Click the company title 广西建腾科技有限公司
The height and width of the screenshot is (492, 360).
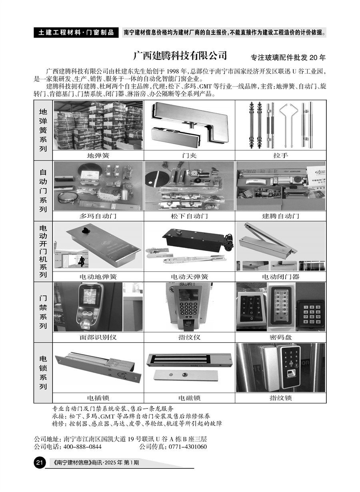[x=180, y=55]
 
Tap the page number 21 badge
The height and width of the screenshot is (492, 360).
[x=39, y=464]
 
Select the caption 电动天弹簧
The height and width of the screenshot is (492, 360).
[x=189, y=277]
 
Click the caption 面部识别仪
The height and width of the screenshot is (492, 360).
[x=98, y=337]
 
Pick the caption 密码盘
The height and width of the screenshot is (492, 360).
[x=280, y=337]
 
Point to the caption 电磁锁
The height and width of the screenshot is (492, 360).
[x=189, y=398]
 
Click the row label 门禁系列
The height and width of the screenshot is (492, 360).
[x=43, y=312]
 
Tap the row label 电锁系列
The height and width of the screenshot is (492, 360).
[x=43, y=372]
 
